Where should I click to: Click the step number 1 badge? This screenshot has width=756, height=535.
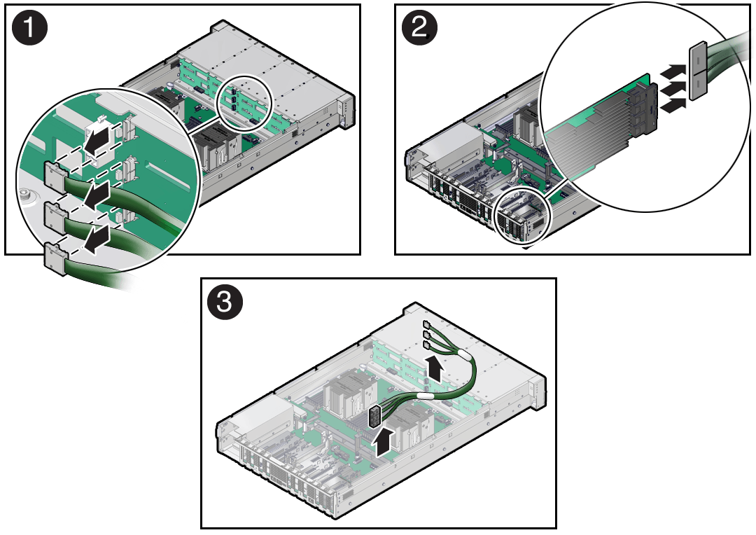pyautogui.click(x=29, y=28)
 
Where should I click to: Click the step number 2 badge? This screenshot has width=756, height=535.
pyautogui.click(x=419, y=28)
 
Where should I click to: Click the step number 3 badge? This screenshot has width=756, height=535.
pyautogui.click(x=225, y=303)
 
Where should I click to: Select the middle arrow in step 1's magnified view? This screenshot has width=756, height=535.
pyautogui.click(x=97, y=194)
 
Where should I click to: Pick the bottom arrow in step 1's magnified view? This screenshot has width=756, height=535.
pyautogui.click(x=98, y=237)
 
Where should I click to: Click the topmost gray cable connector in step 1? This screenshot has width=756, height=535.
pyautogui.click(x=55, y=174)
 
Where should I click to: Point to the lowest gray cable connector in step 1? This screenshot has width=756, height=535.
pyautogui.click(x=55, y=260)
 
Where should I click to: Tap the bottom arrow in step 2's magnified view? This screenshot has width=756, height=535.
pyautogui.click(x=673, y=105)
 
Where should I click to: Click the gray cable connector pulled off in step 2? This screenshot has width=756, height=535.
pyautogui.click(x=699, y=71)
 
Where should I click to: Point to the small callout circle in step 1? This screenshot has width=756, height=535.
pyautogui.click(x=246, y=102)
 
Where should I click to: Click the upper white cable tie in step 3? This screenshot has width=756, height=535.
pyautogui.click(x=466, y=356)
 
